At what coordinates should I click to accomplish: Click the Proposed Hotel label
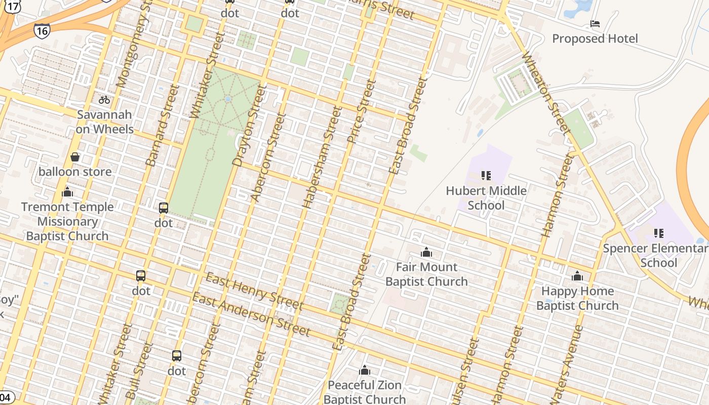(x=595, y=38)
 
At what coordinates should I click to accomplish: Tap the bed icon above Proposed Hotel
(x=595, y=24)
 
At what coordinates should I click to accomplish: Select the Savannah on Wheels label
(x=105, y=122)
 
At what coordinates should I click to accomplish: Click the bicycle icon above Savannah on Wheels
(x=104, y=100)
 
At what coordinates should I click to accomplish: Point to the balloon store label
(x=75, y=172)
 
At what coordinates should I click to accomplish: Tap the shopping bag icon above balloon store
(x=75, y=157)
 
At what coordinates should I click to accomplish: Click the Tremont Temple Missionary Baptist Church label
(x=67, y=221)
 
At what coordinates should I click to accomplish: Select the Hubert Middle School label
(x=486, y=198)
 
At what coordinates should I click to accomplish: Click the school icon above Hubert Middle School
(x=486, y=176)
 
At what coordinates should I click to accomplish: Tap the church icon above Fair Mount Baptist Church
(x=426, y=252)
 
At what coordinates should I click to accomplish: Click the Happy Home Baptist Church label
(x=577, y=298)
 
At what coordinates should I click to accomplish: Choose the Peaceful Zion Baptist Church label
(x=365, y=392)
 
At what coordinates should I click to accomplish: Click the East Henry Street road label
(x=254, y=291)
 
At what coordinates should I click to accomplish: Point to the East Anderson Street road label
(x=251, y=314)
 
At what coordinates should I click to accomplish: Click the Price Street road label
(x=362, y=111)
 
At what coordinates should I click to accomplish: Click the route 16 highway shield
(x=42, y=31)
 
